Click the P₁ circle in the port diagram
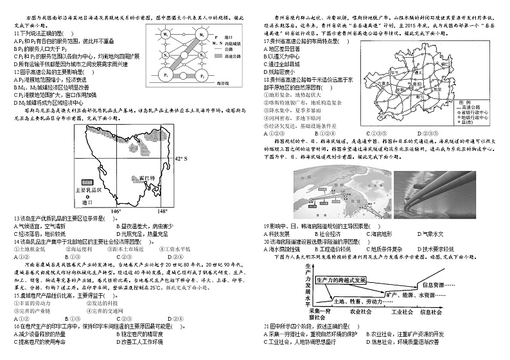(x=166, y=76)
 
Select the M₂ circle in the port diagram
(x=200, y=34)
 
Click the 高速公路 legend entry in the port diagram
(x=237, y=57)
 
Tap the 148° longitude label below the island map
(x=163, y=211)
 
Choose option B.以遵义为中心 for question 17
(x=283, y=56)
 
